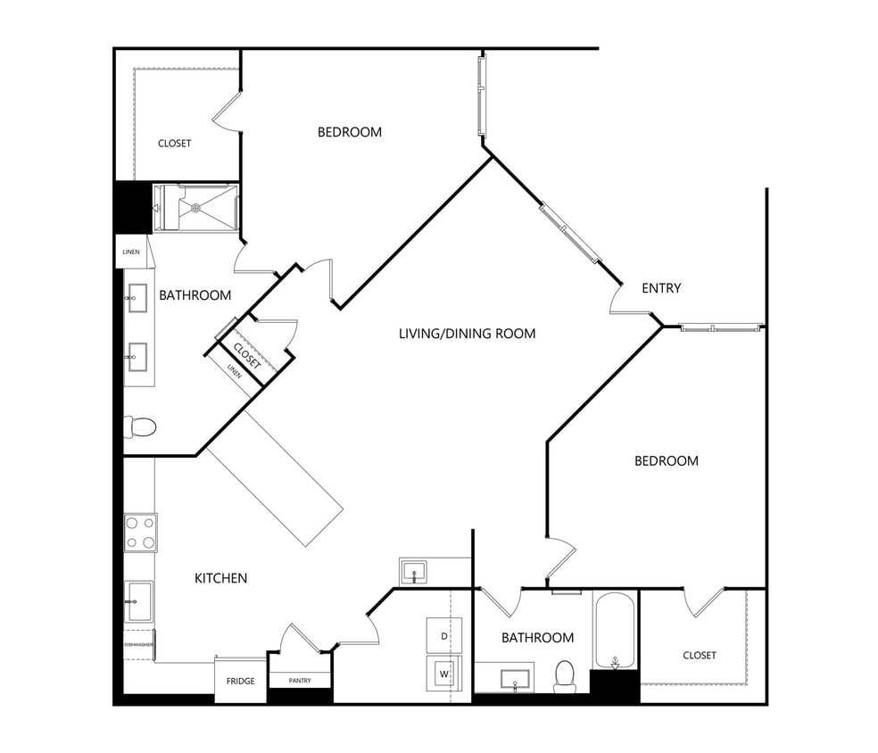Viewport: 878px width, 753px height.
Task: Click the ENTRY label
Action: point(661,288)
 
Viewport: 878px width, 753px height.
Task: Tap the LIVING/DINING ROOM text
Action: point(467,334)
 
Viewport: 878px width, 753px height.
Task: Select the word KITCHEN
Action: point(220,578)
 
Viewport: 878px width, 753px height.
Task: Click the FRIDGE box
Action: point(240,681)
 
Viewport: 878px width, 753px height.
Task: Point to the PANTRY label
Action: point(300,681)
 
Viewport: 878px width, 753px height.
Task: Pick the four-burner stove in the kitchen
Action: point(140,533)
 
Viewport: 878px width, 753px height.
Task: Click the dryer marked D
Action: point(443,635)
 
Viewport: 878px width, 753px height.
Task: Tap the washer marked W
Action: point(443,673)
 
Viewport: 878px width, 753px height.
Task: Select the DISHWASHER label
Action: point(139,644)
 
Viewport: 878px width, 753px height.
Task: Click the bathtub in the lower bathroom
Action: point(614,631)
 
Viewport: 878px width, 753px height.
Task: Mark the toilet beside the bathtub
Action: point(565,675)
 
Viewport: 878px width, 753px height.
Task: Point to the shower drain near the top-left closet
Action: point(196,208)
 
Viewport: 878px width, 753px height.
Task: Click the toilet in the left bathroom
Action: point(140,427)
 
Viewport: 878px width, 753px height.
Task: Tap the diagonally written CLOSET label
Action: point(247,355)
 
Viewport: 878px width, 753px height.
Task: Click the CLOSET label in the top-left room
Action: point(174,144)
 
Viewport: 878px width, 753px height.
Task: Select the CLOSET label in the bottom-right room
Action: point(699,655)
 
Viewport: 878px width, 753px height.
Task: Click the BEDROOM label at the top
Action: point(349,132)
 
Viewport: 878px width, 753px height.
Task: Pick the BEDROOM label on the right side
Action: point(666,461)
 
